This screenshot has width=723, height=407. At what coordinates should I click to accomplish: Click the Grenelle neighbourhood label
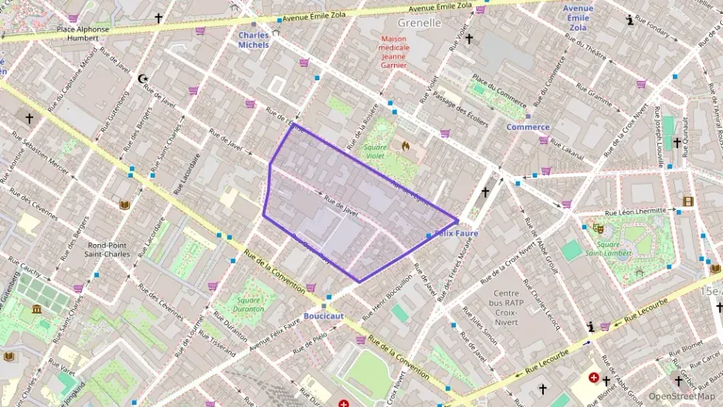[x=419, y=23]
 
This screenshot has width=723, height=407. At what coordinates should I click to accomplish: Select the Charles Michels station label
[x=253, y=39]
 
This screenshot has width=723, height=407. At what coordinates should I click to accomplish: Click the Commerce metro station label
[x=528, y=127]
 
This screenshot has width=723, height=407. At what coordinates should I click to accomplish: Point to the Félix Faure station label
[x=458, y=233]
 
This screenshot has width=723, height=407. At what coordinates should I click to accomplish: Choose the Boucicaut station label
[x=324, y=316]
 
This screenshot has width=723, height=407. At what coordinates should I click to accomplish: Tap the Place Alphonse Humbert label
[x=83, y=34]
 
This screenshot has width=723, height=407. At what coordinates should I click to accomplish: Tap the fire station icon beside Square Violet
[x=405, y=144]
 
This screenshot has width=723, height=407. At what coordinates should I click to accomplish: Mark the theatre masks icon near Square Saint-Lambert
[x=597, y=228]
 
